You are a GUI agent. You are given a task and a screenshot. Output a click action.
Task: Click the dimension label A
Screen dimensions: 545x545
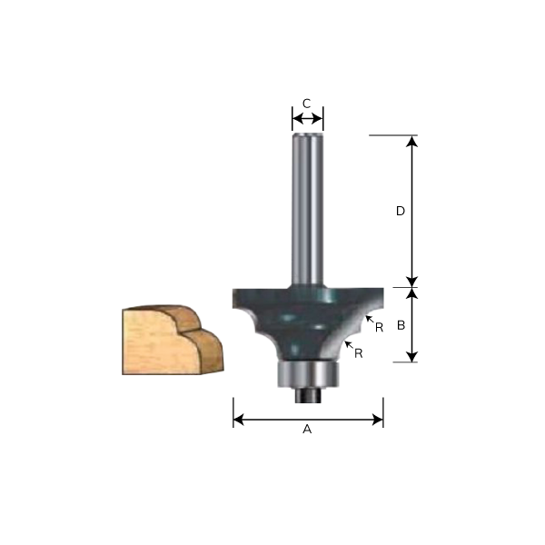pos(307,431)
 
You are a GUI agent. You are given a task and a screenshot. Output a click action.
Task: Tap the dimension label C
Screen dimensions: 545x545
pos(307,104)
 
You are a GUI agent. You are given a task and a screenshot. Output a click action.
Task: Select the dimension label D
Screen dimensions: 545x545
pos(400,211)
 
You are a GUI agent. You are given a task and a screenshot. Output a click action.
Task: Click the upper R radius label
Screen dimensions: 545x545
pos(379,327)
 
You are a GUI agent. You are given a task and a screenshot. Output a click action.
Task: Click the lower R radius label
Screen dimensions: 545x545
pos(361,352)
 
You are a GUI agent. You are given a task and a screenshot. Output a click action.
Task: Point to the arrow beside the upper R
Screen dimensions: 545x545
pos(369,318)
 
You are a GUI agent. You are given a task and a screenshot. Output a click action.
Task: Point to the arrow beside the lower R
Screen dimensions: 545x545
pos(349,344)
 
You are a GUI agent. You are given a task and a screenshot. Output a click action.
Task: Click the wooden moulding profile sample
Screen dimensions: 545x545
pos(172,340)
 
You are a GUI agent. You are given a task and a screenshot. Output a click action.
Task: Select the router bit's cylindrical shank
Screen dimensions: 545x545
pos(307,209)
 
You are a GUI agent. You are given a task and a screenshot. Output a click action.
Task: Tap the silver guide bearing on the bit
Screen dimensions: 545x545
pos(306,372)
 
